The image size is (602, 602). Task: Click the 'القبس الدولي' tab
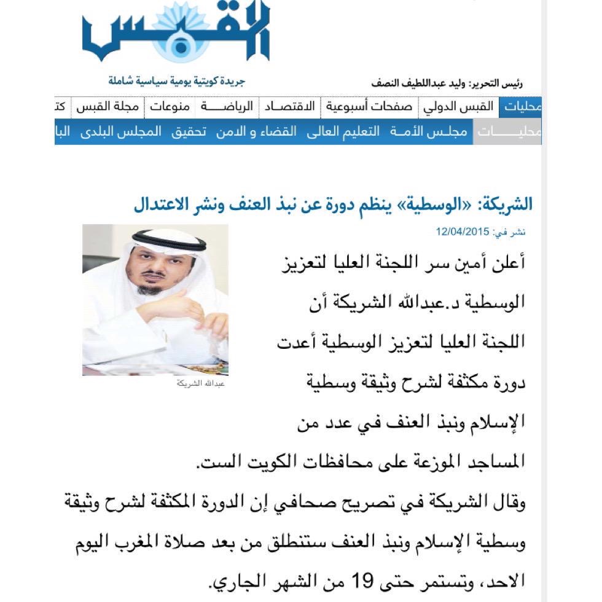click(x=459, y=107)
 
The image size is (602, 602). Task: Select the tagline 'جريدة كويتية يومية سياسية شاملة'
click(x=177, y=81)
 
